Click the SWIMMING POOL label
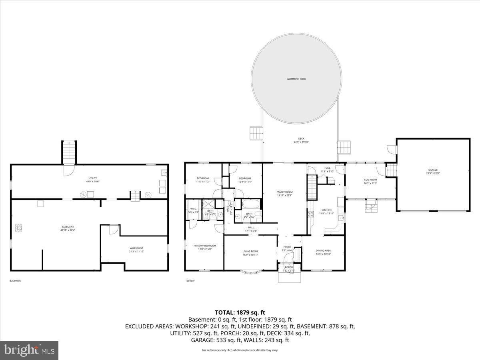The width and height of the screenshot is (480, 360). click(x=296, y=79)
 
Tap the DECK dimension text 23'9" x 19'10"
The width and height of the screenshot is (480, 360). click(x=301, y=142)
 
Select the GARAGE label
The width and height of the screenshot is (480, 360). click(x=433, y=170)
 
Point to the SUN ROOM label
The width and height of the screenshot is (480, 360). click(x=370, y=180)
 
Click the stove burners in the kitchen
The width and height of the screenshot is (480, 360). click(x=310, y=214)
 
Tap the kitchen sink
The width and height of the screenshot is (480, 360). click(x=340, y=218)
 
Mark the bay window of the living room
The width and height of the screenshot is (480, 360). click(x=250, y=273)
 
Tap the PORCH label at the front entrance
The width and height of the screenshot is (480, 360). click(x=289, y=267)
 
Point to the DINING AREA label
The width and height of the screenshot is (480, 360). click(x=323, y=250)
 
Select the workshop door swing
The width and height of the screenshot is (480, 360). click(x=114, y=229)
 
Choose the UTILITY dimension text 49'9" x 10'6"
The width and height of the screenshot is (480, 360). click(x=93, y=182)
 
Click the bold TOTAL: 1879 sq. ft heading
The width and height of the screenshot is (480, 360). click(x=240, y=312)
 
